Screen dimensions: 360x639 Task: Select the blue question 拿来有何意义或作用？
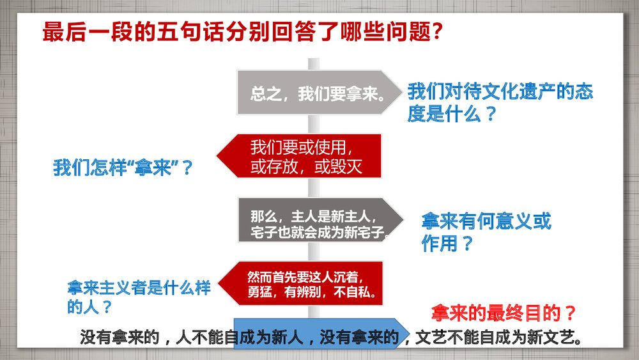(x=486, y=232)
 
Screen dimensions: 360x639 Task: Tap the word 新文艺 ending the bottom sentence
(x=550, y=337)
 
